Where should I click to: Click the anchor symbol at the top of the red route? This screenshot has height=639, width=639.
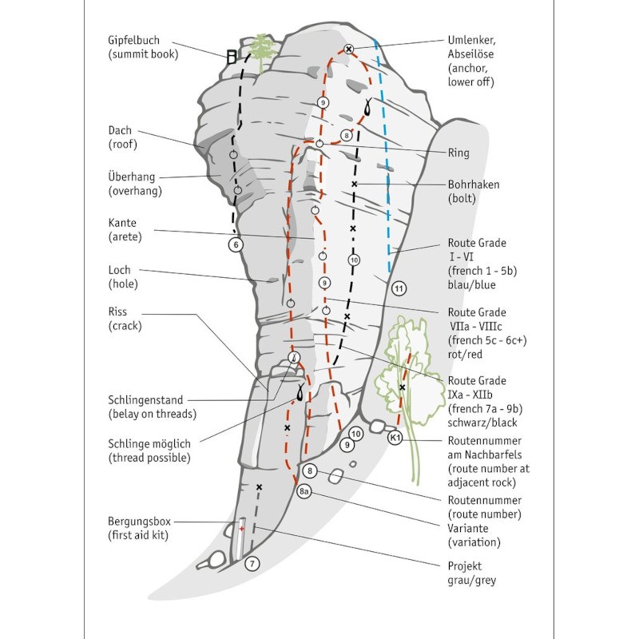tap(349, 50)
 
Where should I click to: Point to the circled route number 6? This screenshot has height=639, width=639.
tap(235, 244)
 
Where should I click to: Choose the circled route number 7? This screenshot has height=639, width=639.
tap(252, 564)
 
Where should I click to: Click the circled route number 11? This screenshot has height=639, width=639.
tap(399, 288)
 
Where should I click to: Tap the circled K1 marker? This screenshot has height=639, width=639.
tap(395, 438)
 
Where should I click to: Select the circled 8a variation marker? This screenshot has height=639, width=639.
tap(304, 492)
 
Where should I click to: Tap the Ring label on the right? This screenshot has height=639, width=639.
tap(458, 153)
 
